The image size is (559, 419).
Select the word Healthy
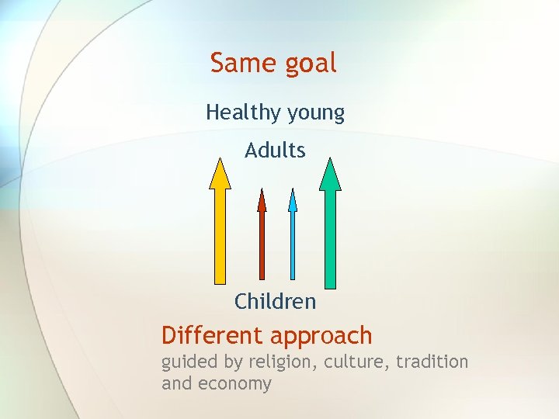coord(243,113)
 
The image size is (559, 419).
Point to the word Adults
coord(275,150)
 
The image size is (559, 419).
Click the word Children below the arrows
coord(275,301)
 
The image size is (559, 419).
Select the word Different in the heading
coord(212,336)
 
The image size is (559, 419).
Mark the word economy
coord(234,384)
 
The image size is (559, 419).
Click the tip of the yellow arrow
coord(220,161)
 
